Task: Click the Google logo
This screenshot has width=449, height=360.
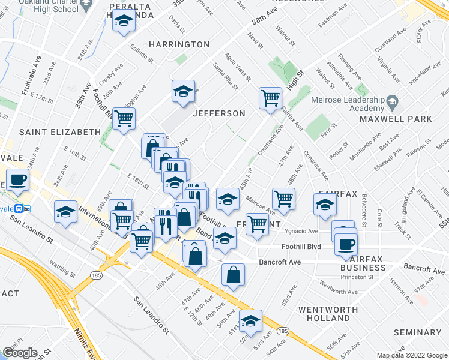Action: click(20, 353)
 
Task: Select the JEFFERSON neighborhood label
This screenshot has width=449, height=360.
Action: click(218, 113)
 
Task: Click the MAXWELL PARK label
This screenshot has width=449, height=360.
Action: click(395, 119)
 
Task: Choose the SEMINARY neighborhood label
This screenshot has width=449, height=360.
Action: click(418, 332)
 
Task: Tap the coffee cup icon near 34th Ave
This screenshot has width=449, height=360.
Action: click(17, 179)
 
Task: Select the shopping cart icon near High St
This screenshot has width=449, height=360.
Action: click(270, 97)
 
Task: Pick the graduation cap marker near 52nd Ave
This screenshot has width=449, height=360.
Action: click(250, 321)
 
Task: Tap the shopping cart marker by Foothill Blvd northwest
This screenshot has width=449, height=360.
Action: click(124, 119)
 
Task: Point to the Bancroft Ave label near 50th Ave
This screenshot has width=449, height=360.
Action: click(280, 262)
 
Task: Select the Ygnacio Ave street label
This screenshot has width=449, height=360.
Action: click(301, 231)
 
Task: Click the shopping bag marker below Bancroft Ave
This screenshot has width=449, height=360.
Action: click(233, 275)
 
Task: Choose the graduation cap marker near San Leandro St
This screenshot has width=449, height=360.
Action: click(65, 212)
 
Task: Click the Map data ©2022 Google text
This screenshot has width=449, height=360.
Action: click(411, 355)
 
